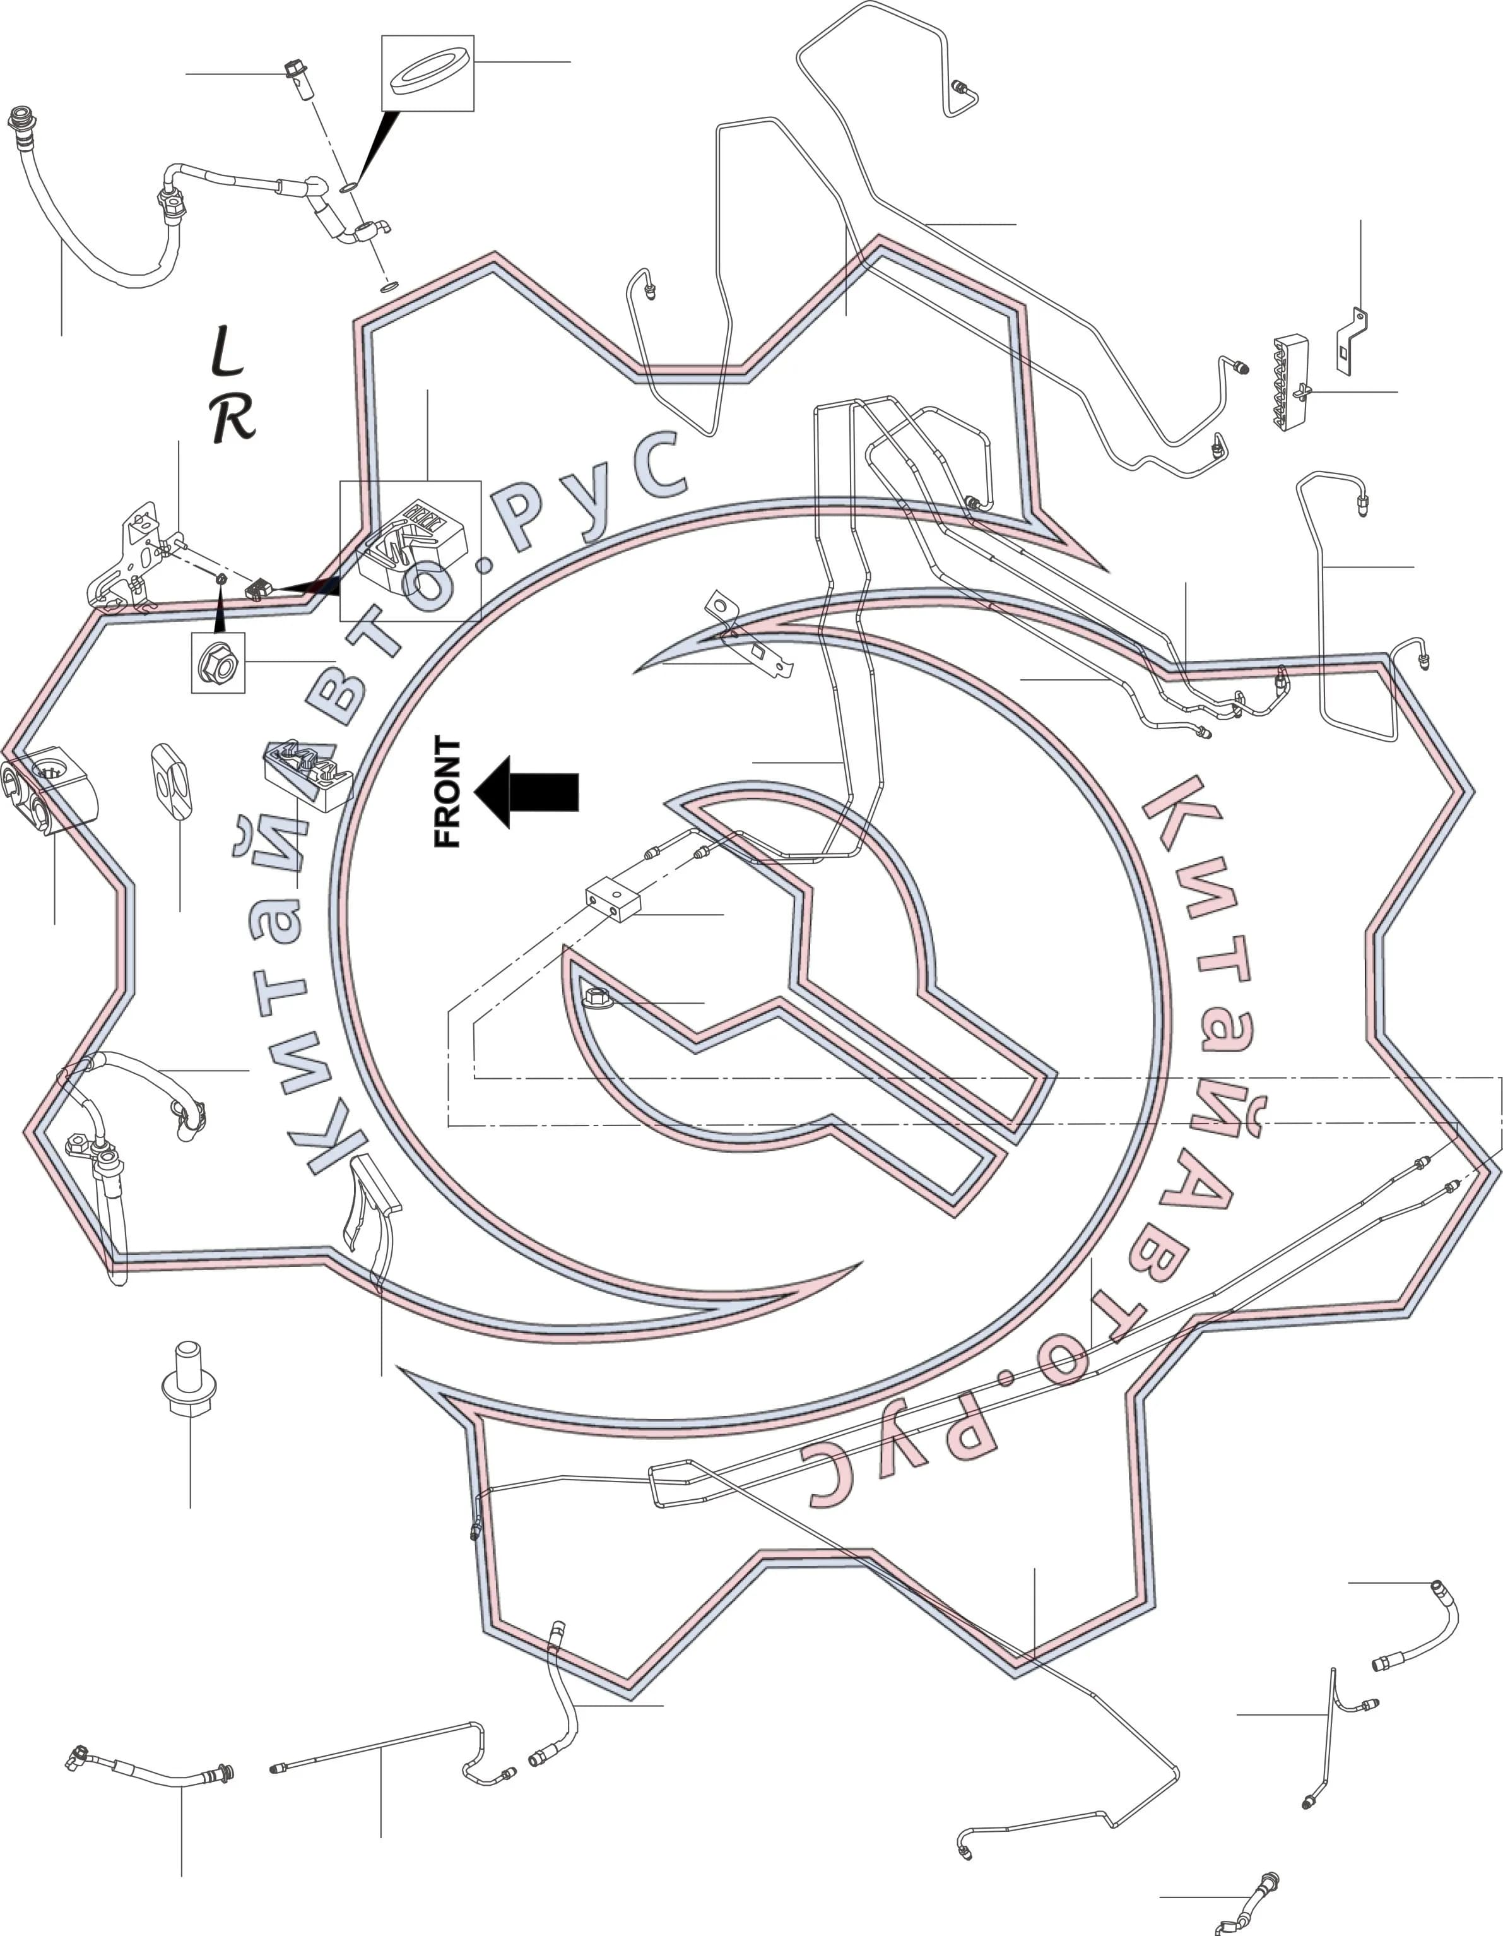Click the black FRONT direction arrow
[x=526, y=792]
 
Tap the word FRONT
[x=447, y=792]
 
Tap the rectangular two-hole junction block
[x=613, y=899]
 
